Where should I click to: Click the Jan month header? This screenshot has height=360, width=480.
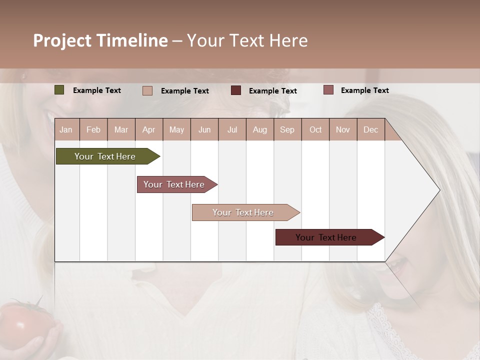[x=66, y=130]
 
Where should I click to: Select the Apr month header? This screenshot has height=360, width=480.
[x=148, y=130]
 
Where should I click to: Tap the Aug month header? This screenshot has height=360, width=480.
[x=259, y=130]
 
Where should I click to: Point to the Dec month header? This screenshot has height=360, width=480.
[x=370, y=130]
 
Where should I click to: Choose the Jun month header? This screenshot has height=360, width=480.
[x=204, y=130]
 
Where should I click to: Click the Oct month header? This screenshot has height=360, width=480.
[x=315, y=130]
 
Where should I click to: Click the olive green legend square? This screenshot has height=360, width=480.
[x=59, y=90]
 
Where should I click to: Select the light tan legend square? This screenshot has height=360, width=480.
[x=147, y=90]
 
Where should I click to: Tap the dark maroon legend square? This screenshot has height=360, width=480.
[x=236, y=90]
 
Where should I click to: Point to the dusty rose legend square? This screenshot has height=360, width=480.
[x=328, y=90]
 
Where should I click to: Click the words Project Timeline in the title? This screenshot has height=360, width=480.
[x=100, y=40]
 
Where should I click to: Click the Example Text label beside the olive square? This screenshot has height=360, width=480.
[x=97, y=90]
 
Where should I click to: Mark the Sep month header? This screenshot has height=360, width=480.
[x=287, y=130]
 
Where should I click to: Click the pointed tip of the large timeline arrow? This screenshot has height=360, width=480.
[x=438, y=190]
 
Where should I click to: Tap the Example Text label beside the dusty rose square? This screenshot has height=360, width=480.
[x=364, y=90]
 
